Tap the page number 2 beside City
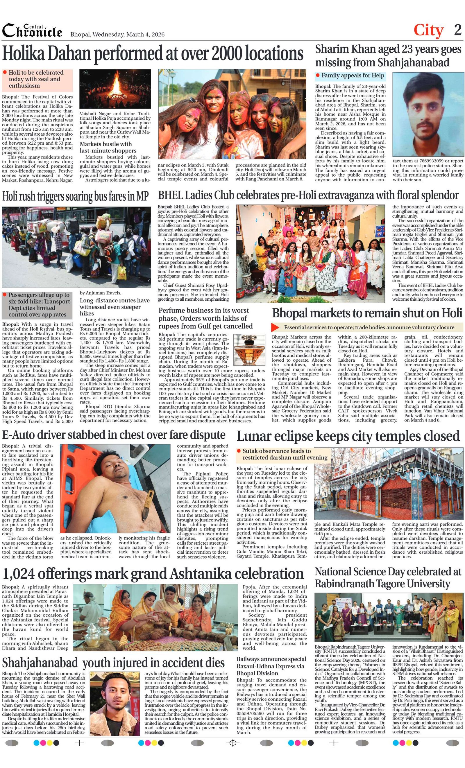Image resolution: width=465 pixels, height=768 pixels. click(x=457, y=30)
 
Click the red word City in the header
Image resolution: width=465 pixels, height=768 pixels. click(x=428, y=30)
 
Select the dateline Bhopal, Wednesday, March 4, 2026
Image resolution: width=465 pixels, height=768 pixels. click(x=117, y=34)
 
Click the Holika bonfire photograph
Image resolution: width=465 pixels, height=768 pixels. click(x=115, y=89)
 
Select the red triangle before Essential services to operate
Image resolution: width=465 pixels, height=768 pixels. click(x=275, y=327)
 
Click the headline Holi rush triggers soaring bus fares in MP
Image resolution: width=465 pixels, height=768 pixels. click(x=75, y=197)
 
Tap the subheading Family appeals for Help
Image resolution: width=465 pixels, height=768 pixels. click(x=353, y=76)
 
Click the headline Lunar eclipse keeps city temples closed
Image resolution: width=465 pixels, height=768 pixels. click(x=348, y=436)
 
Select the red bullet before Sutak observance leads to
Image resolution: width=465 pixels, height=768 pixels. click(x=239, y=451)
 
